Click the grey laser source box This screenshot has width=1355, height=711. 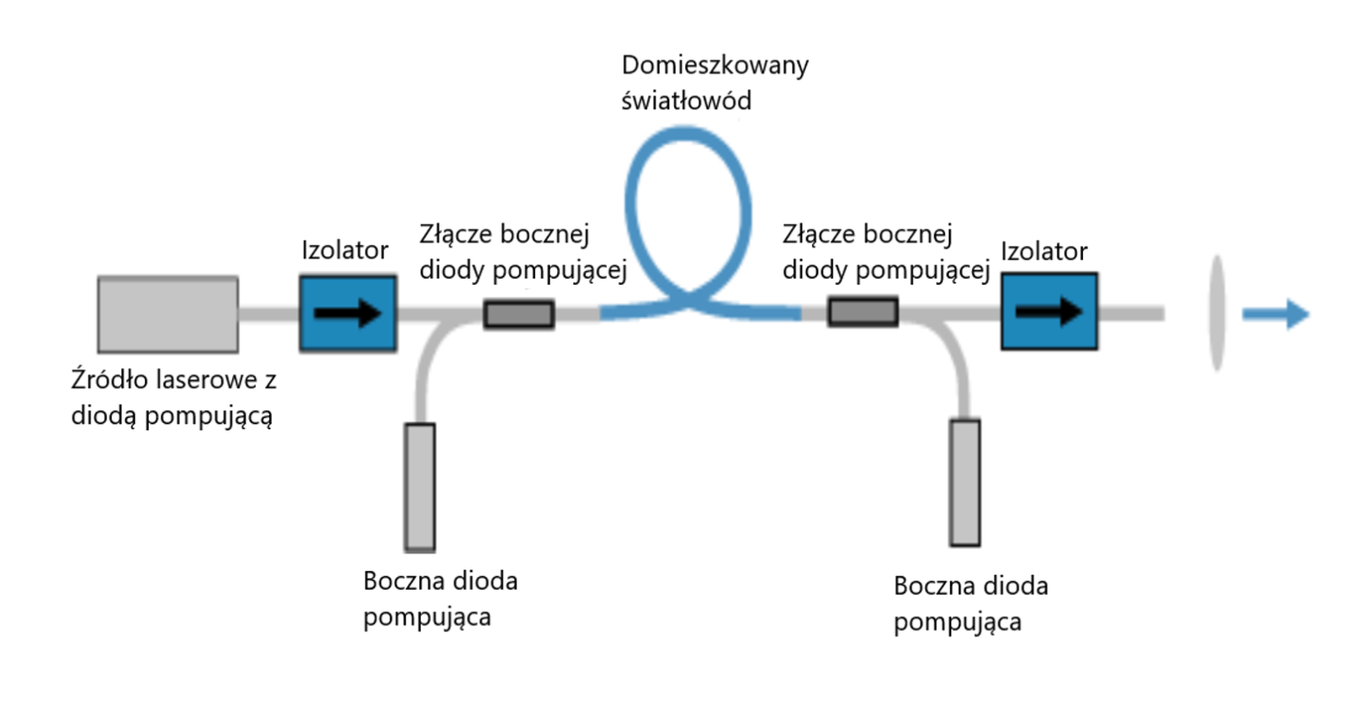(x=168, y=314)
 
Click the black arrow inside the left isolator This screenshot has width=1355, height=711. (x=348, y=314)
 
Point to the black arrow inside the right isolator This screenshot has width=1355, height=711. (x=1048, y=312)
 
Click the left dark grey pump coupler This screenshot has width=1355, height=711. (x=519, y=314)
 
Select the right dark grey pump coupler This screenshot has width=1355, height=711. (x=863, y=312)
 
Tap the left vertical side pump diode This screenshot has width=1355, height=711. (x=420, y=487)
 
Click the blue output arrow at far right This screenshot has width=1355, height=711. (x=1276, y=314)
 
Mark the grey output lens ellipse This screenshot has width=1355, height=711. (x=1218, y=314)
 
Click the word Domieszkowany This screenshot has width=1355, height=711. (x=715, y=66)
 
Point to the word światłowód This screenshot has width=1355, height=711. (x=686, y=102)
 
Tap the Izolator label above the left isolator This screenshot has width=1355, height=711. (x=345, y=251)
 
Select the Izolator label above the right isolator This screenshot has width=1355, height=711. (x=1043, y=252)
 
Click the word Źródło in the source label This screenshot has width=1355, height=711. (x=109, y=379)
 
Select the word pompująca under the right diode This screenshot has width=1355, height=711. (x=957, y=623)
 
